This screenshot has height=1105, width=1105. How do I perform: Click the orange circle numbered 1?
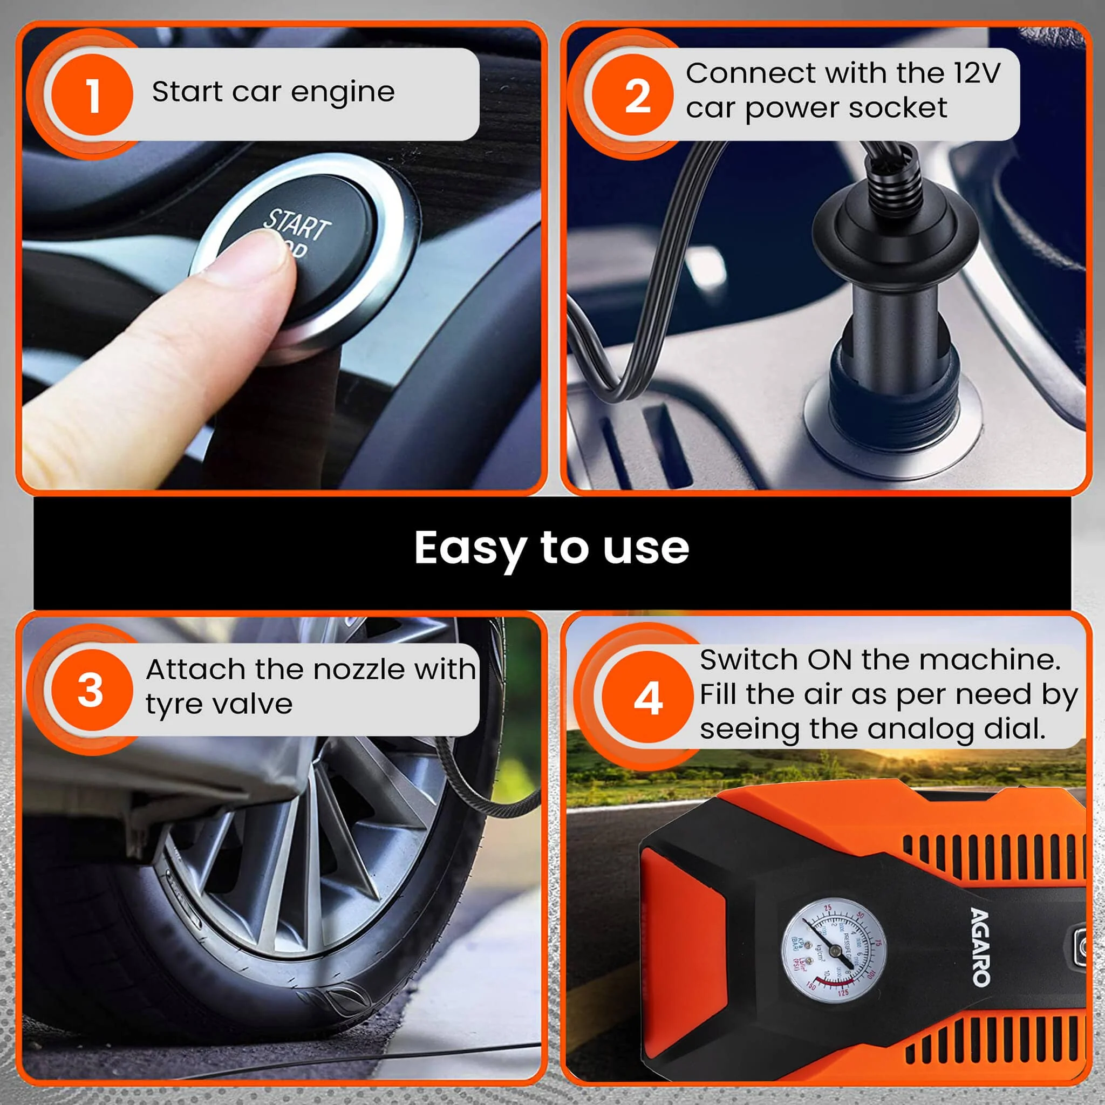pos(92,94)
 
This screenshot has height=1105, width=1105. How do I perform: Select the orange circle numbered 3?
pos(92,690)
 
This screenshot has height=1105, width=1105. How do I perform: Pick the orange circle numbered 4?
pos(647,698)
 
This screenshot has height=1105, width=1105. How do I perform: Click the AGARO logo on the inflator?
pos(981,946)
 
